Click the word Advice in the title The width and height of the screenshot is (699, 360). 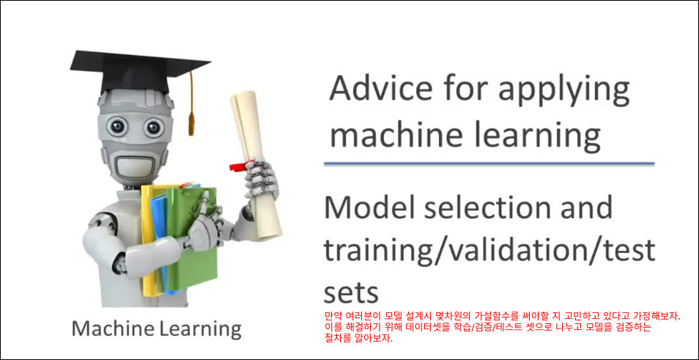(x=375, y=89)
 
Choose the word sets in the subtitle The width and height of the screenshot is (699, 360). (x=351, y=293)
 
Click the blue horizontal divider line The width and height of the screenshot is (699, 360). (x=489, y=164)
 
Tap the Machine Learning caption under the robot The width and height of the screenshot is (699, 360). (x=157, y=328)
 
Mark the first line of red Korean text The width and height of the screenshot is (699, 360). (x=503, y=316)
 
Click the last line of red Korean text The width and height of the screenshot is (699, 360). (x=359, y=339)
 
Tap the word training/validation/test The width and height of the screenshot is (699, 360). (x=489, y=251)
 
